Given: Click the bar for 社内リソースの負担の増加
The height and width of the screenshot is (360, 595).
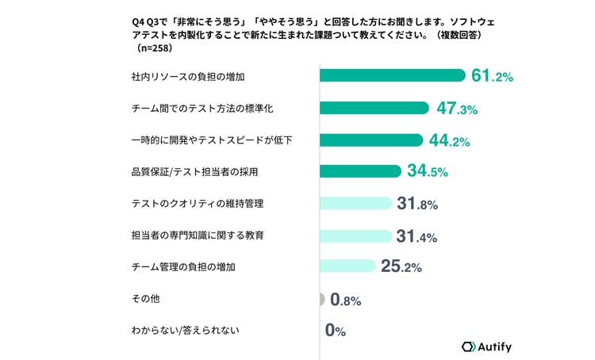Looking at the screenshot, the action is tap(393, 75).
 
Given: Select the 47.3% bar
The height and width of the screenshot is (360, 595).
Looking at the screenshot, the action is tap(374, 108).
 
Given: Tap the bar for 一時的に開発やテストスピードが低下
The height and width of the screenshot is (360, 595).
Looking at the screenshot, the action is tap(371, 140).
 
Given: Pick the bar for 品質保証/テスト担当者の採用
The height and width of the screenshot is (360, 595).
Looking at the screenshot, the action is tap(360, 171).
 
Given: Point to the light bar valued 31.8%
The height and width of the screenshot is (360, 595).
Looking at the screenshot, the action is tap(356, 203).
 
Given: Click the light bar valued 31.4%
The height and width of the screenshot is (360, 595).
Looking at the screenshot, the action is tap(356, 236).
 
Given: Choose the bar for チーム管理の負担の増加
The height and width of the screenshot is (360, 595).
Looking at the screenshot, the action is tap(347, 266).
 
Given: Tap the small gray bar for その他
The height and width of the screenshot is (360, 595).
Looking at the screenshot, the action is tap(322, 299).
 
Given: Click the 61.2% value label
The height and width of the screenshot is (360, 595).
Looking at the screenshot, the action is tap(492, 75).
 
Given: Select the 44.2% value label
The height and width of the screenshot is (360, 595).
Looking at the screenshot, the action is tap(450, 140).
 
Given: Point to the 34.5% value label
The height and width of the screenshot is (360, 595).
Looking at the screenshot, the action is tap(428, 170).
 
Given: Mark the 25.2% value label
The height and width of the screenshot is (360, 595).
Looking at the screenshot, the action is tap(401, 266).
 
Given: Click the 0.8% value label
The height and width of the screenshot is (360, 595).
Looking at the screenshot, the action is tap(346, 300).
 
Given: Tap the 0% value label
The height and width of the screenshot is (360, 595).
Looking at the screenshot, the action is tap(336, 331).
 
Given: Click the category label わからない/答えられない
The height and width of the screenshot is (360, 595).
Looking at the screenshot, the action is tap(185, 331).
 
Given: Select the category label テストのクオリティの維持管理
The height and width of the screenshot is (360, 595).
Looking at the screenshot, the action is tap(198, 204).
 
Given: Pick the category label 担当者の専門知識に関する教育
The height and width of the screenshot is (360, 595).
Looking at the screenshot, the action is tap(198, 236).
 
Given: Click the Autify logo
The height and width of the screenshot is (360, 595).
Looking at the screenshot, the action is tap(486, 347).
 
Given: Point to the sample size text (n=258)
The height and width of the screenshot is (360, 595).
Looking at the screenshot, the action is tap(155, 48).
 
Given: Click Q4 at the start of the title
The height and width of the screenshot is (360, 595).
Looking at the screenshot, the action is tap(138, 22).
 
